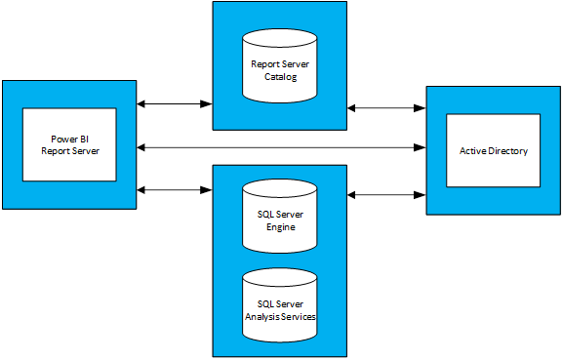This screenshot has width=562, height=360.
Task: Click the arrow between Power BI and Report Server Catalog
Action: click(175, 101)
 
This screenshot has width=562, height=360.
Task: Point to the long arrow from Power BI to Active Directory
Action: click(283, 148)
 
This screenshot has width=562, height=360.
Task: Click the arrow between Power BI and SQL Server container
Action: click(175, 188)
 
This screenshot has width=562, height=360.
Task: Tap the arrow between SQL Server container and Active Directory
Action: click(386, 195)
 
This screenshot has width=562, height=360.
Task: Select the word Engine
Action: click(280, 227)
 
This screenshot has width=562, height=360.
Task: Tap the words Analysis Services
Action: click(280, 315)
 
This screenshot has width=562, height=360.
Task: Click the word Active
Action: click(474, 151)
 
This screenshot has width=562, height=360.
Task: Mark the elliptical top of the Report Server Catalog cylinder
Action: click(280, 39)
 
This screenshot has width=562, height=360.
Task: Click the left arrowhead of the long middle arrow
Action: click(143, 148)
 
